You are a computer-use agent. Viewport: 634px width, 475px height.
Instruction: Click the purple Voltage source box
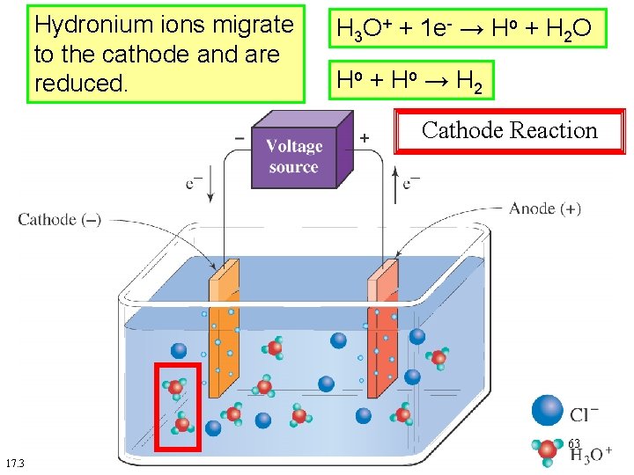point(294,157)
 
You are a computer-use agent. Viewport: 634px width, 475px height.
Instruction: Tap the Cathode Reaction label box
point(509,131)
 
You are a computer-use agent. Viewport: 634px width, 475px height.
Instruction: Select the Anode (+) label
point(545,208)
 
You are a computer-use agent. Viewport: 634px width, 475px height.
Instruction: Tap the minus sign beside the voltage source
point(240,138)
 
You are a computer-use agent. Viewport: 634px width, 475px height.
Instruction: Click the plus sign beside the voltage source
point(365,138)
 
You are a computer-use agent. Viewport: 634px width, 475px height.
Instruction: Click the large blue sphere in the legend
point(547,410)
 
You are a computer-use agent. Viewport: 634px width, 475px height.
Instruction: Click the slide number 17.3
point(15,464)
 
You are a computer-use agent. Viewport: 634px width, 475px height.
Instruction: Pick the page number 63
point(574,443)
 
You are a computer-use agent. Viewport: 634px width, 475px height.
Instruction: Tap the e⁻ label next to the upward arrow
point(411,184)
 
